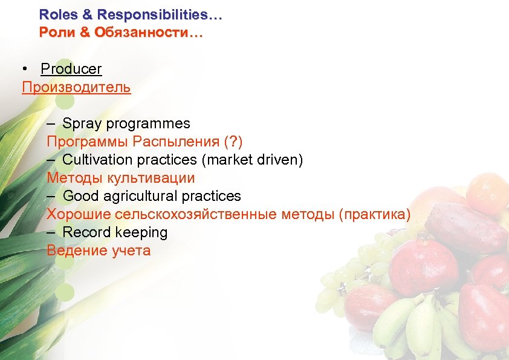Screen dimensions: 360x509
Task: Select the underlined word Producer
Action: click(71, 69)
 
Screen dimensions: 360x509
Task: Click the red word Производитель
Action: click(76, 87)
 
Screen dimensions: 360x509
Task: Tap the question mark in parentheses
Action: click(233, 142)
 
